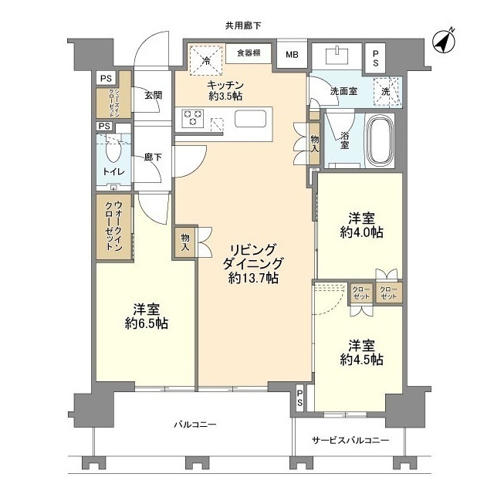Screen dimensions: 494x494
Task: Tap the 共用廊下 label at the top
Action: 243,25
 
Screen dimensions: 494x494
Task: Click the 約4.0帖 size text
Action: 361,231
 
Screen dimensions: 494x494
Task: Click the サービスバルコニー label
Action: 351,441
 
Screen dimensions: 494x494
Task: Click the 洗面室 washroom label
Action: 343,91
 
